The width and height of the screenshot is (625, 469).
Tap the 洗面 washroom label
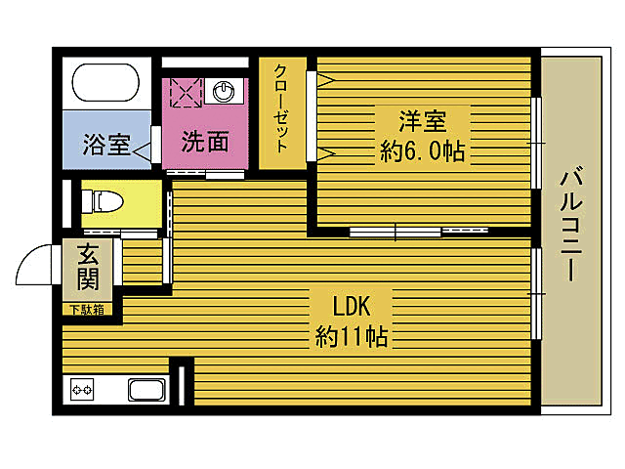click(205, 142)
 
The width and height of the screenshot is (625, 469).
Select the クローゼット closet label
click(280, 109)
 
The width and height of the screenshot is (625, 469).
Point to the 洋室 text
click(422, 122)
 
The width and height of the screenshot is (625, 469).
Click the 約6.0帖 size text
click(422, 151)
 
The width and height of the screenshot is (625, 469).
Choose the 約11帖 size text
click(352, 336)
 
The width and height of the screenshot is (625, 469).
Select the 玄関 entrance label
click(88, 268)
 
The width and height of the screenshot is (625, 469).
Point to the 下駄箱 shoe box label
click(88, 311)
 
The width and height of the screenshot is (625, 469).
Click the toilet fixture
click(104, 202)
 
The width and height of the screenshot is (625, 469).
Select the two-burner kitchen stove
click(81, 391)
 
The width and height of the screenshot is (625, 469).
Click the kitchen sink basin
click(147, 391)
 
